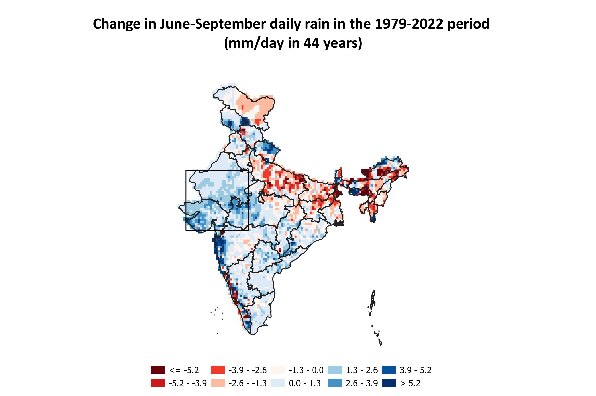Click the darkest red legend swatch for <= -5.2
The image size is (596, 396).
(158, 370)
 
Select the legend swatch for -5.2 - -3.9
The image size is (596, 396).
(158, 383)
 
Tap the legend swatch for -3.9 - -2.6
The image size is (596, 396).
(218, 370)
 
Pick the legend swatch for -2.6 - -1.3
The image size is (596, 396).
(218, 383)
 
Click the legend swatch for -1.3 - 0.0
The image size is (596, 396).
(278, 370)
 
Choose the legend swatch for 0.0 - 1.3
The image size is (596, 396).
(278, 383)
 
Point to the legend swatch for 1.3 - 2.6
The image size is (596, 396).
(334, 370)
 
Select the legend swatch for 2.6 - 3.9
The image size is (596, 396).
(334, 383)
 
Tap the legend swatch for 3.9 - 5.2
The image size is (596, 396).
(389, 370)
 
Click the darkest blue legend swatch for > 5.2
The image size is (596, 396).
(389, 383)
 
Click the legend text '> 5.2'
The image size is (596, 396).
(410, 383)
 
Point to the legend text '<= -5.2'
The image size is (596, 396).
(184, 370)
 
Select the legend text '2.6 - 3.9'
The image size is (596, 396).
(362, 383)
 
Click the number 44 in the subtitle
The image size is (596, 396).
(311, 43)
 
